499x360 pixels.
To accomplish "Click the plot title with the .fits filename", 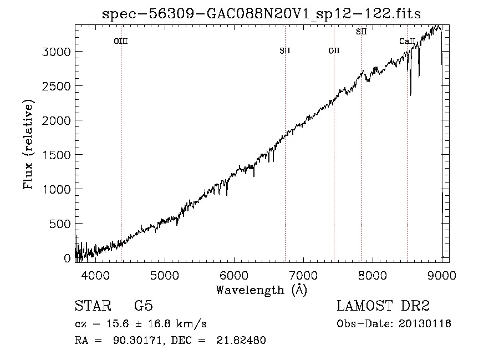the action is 261,14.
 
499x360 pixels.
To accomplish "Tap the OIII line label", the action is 121,41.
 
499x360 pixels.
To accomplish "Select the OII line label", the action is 334,50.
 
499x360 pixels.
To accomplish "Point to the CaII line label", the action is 407,41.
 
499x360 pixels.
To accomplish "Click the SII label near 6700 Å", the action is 285,50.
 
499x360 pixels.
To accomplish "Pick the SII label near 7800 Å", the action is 361,32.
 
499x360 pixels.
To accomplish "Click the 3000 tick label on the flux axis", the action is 56,52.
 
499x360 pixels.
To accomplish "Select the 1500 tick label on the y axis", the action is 56,155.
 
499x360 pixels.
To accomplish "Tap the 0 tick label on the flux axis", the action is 67,258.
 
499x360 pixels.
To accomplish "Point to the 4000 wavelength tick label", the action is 95,275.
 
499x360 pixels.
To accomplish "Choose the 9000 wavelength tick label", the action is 442,275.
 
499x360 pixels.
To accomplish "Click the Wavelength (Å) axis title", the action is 262,290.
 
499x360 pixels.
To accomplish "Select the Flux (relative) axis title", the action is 28,144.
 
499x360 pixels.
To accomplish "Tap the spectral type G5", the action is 144,306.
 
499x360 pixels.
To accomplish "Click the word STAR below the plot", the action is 93,306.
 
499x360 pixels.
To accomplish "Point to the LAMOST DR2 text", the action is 383,306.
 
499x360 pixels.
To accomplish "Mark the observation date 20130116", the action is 425,324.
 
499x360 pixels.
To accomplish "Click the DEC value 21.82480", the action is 241,340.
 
